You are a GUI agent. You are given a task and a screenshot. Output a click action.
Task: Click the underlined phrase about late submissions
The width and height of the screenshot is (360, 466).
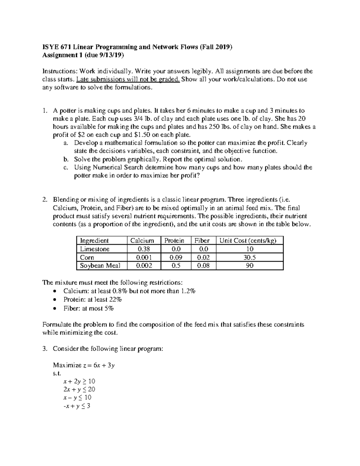pyautogui.click(x=128, y=80)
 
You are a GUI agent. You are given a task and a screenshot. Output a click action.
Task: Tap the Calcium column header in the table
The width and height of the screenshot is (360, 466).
pyautogui.click(x=142, y=240)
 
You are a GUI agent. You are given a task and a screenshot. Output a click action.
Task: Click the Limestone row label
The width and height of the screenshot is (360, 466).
pyautogui.click(x=94, y=249)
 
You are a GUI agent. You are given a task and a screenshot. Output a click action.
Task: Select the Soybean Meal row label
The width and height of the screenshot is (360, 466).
pyautogui.click(x=100, y=266)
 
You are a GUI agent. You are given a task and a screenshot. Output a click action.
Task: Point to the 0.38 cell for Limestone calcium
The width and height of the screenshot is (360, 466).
pyautogui.click(x=144, y=249)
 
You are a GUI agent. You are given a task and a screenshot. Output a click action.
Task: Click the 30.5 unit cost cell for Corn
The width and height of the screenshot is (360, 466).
pyautogui.click(x=250, y=257)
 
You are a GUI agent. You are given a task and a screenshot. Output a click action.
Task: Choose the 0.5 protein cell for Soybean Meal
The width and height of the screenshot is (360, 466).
pyautogui.click(x=175, y=266)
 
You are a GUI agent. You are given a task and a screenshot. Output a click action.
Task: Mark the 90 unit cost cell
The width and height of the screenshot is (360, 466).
pyautogui.click(x=250, y=266)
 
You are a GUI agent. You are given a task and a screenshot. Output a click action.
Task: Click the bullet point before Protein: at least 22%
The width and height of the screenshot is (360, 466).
pyautogui.click(x=54, y=300)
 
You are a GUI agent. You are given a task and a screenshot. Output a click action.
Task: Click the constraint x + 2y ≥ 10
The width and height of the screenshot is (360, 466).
pyautogui.click(x=79, y=381)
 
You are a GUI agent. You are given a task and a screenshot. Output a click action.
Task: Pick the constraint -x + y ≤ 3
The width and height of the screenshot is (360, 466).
pyautogui.click(x=77, y=406)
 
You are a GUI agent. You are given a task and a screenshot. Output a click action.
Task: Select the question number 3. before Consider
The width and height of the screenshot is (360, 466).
pyautogui.click(x=45, y=349)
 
